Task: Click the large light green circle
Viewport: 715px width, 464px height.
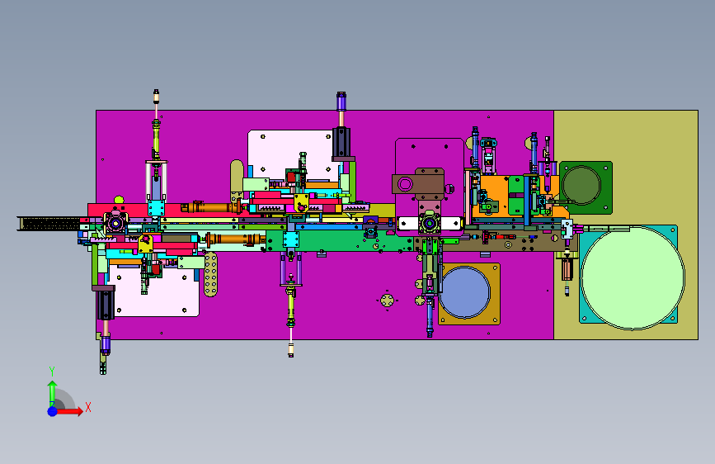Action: point(633,277)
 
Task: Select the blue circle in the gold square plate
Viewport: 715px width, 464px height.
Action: point(464,293)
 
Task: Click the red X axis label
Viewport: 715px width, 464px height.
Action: point(88,407)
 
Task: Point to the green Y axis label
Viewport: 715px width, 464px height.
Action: point(52,372)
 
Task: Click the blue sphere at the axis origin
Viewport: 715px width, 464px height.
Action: point(53,411)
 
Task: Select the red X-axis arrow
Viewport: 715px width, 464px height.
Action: point(68,411)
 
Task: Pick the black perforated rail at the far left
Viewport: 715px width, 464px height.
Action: point(50,224)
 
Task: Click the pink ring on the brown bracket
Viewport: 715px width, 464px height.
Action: point(405,184)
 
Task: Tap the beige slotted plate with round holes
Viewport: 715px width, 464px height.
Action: point(210,274)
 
